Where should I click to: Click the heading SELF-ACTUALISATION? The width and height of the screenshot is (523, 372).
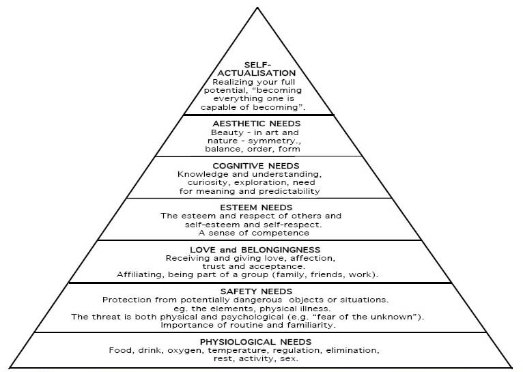tap(257, 69)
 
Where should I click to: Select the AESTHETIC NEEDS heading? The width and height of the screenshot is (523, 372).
tap(257, 124)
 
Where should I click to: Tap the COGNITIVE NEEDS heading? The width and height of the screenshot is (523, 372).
tap(256, 166)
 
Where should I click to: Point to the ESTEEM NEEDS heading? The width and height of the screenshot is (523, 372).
tap(256, 208)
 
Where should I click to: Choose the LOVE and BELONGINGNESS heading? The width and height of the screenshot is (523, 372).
tap(255, 250)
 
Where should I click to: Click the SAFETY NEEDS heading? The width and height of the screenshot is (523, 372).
tap(256, 291)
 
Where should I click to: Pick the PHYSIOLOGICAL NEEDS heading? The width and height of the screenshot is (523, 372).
tap(256, 342)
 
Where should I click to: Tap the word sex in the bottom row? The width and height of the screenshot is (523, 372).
tap(290, 359)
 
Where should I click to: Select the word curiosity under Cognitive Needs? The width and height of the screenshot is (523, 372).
tap(208, 183)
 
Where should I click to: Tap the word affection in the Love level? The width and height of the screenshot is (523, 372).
tap(313, 258)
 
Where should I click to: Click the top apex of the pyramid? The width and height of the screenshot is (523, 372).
tap(257, 8)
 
